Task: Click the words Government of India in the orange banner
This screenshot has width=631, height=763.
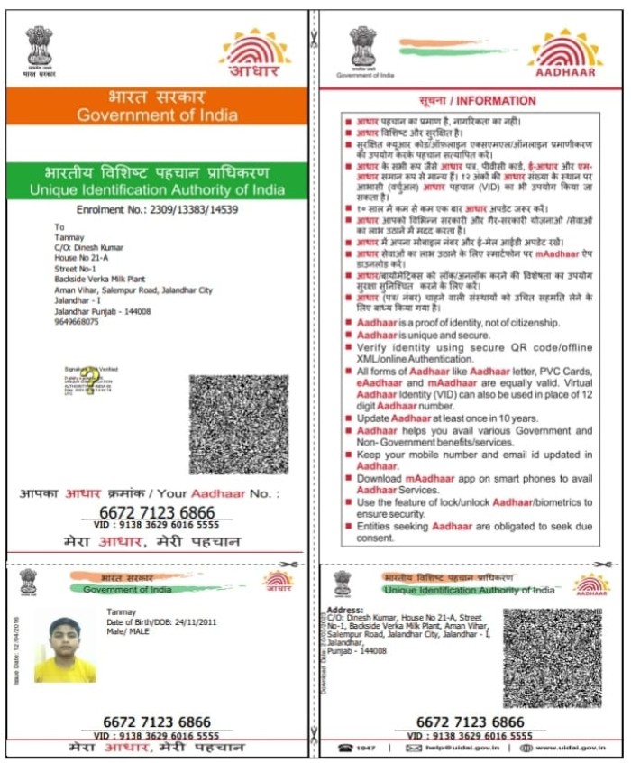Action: tap(157, 115)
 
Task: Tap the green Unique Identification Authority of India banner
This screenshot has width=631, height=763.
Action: tap(157, 180)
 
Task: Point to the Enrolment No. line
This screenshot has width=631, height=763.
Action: tap(157, 209)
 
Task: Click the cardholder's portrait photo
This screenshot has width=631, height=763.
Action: tap(65, 649)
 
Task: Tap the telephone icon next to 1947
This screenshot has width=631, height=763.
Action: tap(344, 748)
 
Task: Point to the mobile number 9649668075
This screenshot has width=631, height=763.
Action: tap(77, 321)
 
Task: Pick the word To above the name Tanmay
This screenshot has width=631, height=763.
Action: tap(59, 227)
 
